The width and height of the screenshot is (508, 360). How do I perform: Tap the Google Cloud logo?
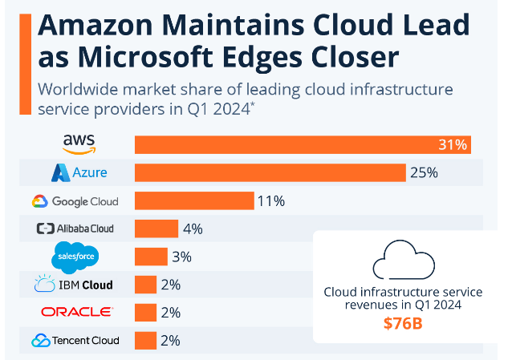pyautogui.click(x=75, y=200)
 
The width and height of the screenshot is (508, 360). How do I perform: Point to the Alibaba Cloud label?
pyautogui.click(x=75, y=229)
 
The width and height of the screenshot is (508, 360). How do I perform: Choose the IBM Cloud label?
pyautogui.click(x=73, y=285)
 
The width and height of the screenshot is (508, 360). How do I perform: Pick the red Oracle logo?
pyautogui.click(x=76, y=312)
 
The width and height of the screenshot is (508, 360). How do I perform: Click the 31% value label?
pyautogui.click(x=453, y=145)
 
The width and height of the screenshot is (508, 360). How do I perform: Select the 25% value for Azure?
pyautogui.click(x=424, y=172)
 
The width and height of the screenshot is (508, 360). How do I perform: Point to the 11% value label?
pyautogui.click(x=271, y=200)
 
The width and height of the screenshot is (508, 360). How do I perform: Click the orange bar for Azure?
pyautogui.click(x=270, y=172)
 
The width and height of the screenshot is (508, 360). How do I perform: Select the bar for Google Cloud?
pyautogui.click(x=194, y=200)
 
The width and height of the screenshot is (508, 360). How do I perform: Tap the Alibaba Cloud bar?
pyautogui.click(x=156, y=229)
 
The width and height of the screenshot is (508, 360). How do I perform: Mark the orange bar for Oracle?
pyautogui.click(x=145, y=312)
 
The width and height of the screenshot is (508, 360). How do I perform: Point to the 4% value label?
pyautogui.click(x=193, y=229)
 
